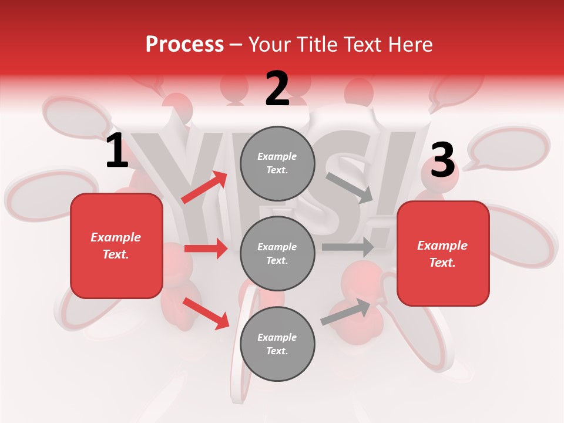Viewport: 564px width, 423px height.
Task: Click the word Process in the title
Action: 184,45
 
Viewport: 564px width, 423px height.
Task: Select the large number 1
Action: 117,152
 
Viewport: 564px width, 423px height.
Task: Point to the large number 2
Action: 277,89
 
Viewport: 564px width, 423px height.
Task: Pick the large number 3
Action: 442,161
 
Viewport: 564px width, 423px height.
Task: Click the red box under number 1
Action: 116,246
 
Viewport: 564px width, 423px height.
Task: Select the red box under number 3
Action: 443,254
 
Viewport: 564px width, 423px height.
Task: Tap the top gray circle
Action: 277,163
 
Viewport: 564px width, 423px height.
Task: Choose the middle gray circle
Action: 277,253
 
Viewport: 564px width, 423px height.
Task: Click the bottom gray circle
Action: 277,344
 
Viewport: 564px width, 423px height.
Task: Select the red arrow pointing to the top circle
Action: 204,187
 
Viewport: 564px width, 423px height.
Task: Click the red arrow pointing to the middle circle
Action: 206,249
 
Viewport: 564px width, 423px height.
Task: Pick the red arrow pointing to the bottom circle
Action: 206,313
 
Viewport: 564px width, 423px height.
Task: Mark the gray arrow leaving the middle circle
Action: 348,247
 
